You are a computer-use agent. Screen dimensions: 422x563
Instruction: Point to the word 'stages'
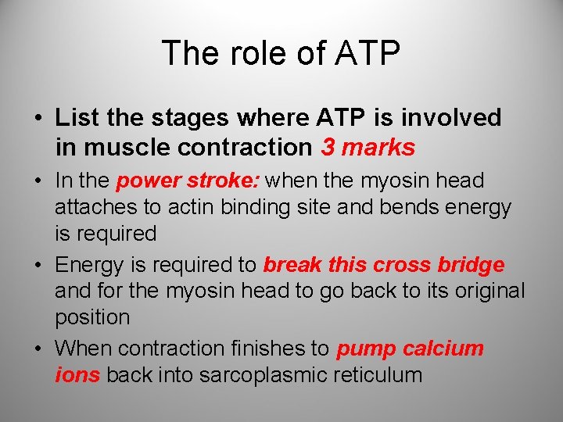coord(176,118)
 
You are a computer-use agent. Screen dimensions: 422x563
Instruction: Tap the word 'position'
coord(92,317)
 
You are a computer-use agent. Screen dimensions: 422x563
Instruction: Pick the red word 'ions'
coord(77,374)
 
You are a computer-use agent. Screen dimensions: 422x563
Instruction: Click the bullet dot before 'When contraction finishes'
coord(41,348)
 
